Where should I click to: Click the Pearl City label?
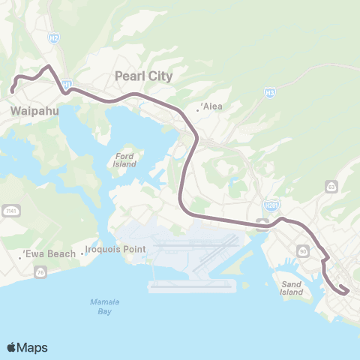143,76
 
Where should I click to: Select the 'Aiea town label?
211,106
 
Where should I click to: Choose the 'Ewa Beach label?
49,253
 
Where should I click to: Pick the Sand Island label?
291,288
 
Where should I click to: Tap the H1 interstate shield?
67,84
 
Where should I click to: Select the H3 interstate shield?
270,92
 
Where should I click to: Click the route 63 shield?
331,185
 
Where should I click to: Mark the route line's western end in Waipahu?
12,91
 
